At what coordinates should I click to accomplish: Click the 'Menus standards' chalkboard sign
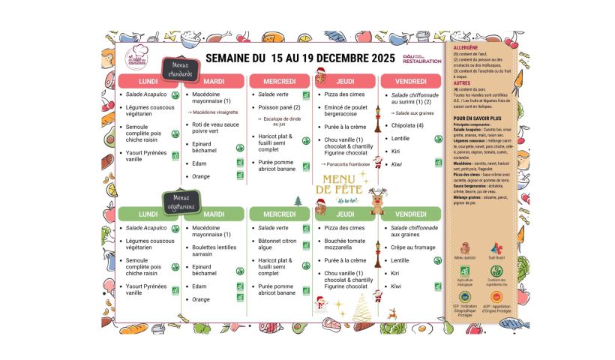point(180,70)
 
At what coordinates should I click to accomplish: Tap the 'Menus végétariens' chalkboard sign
point(180,202)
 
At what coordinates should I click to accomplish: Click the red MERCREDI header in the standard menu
point(280,81)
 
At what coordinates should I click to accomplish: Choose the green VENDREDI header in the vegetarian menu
point(411,214)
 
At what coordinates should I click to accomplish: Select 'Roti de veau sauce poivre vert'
point(215,127)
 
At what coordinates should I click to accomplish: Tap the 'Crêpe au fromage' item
point(412,247)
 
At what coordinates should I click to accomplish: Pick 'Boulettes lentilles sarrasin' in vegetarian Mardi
point(214,250)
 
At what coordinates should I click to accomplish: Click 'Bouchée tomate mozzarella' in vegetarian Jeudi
point(344,244)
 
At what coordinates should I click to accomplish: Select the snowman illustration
point(321,303)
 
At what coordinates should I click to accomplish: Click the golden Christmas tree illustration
point(362,307)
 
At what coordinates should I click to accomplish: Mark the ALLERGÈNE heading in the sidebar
point(467,47)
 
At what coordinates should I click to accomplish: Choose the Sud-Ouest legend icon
point(496,250)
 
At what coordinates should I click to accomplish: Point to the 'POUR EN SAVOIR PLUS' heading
point(478,118)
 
